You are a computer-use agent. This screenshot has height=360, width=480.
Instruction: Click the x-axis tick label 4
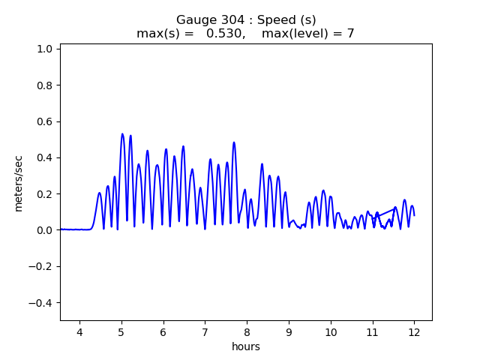pyautogui.click(x=79, y=332)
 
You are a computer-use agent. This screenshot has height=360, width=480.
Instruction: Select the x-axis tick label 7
pyautogui.click(x=205, y=332)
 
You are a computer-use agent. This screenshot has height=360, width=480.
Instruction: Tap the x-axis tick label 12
pyautogui.click(x=414, y=332)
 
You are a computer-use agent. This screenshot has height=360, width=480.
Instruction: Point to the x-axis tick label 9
pyautogui.click(x=289, y=332)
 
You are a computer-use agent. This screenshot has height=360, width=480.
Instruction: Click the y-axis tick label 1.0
pyautogui.click(x=44, y=49)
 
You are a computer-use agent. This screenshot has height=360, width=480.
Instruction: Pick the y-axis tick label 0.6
pyautogui.click(x=44, y=121)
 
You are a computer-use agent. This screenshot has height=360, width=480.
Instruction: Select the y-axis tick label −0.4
pyautogui.click(x=41, y=303)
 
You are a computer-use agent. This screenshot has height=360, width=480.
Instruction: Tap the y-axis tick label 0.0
pyautogui.click(x=44, y=230)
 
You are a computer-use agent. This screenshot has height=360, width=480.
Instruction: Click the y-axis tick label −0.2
pyautogui.click(x=41, y=266)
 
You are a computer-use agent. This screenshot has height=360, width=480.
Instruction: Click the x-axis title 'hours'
pyautogui.click(x=245, y=346)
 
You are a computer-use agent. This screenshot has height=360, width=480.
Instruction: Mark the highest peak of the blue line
pyautogui.click(x=122, y=134)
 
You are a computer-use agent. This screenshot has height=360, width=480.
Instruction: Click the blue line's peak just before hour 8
pyautogui.click(x=234, y=142)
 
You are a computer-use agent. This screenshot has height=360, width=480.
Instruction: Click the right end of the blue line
pyautogui.click(x=414, y=216)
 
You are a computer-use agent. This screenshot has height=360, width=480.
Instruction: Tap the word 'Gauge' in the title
pyautogui.click(x=193, y=19)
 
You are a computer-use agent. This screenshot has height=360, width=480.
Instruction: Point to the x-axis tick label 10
pyautogui.click(x=331, y=332)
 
